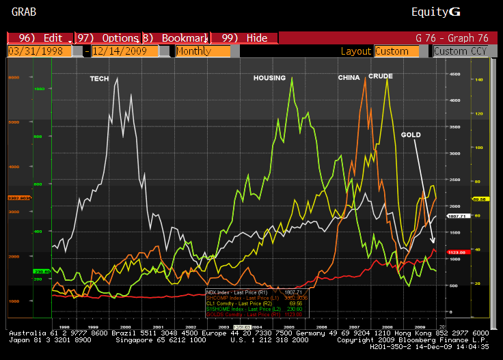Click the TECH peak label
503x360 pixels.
click(99, 79)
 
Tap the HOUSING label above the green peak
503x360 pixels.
click(269, 78)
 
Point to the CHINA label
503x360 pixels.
click(349, 78)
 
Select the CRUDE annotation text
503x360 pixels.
click(380, 76)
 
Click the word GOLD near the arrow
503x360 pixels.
click(411, 135)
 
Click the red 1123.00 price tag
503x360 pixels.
click(456, 252)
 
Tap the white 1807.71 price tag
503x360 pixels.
click(456, 216)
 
